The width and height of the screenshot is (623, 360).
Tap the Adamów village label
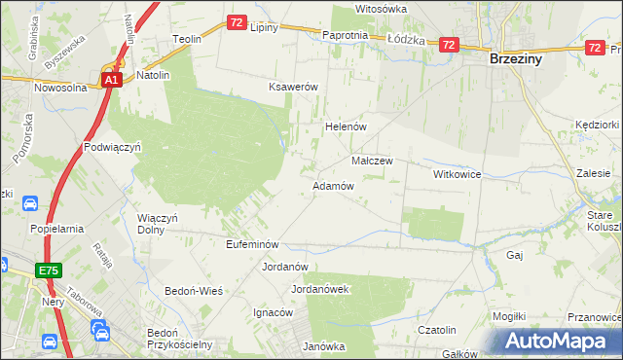[332, 185]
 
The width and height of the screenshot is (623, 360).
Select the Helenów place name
[344, 126]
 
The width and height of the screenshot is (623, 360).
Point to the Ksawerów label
[294, 87]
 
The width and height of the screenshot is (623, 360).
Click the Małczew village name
[371, 161]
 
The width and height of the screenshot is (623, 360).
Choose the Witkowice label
[458, 173]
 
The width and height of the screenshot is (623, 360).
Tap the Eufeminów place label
[252, 243]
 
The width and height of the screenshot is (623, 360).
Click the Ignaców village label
[274, 312]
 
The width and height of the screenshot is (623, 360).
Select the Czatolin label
[437, 330]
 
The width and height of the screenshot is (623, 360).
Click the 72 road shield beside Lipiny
[237, 21]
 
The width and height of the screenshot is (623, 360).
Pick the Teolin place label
[186, 39]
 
